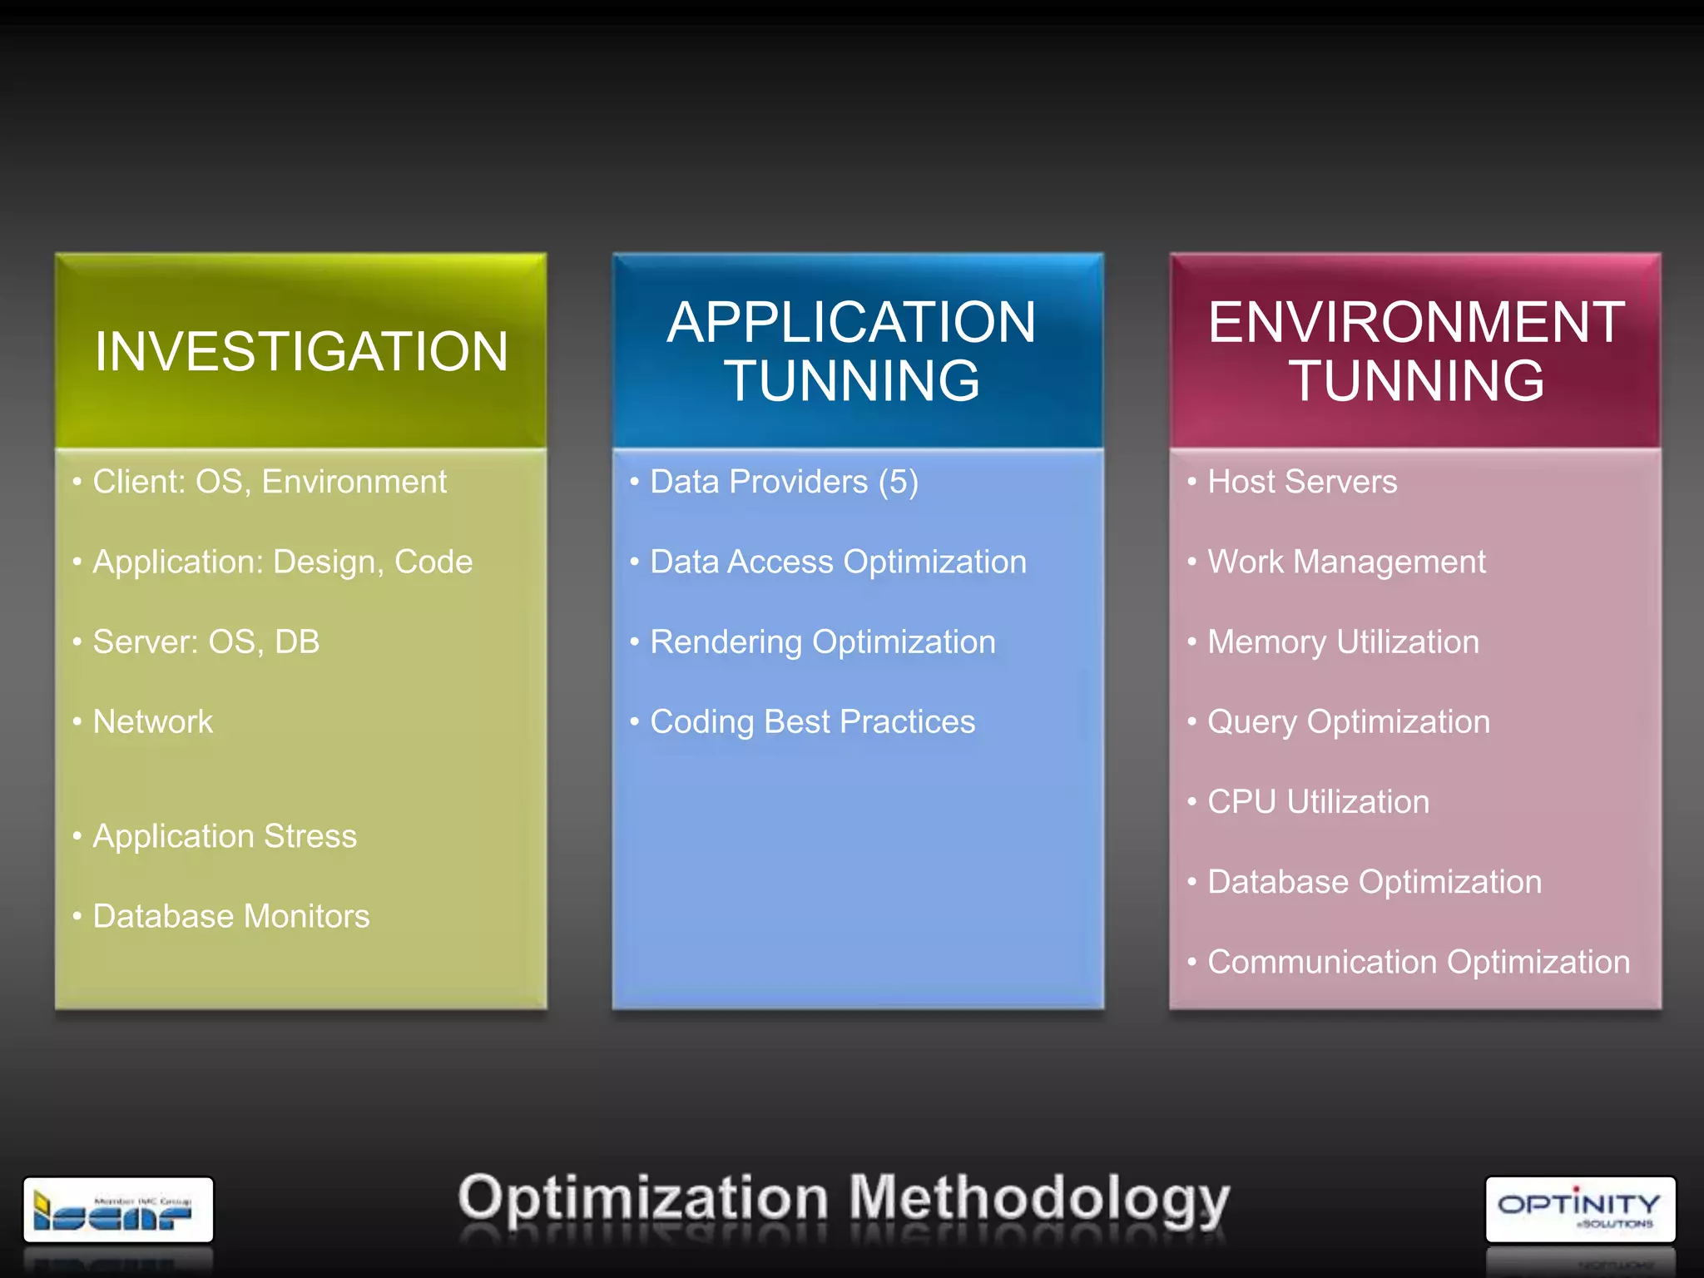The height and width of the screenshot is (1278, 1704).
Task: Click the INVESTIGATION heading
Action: click(300, 351)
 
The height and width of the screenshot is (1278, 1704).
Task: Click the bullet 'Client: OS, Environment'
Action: click(269, 482)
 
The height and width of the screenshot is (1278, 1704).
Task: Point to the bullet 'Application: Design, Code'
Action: click(282, 562)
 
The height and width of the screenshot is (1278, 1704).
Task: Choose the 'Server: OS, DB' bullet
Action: click(206, 642)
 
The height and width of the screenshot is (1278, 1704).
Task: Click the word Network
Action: click(153, 722)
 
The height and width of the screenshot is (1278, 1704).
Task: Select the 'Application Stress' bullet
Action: click(225, 836)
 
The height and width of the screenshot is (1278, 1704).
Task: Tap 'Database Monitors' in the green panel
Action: click(230, 916)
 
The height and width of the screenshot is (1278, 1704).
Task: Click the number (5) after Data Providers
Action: click(899, 482)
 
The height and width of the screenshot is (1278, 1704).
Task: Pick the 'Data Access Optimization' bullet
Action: click(838, 562)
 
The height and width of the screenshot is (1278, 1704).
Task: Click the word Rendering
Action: click(726, 642)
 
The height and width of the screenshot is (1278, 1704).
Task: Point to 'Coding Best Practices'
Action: click(812, 722)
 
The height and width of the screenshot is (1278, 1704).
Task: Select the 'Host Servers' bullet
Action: click(1302, 482)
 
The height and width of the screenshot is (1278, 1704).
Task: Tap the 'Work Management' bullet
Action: click(1346, 562)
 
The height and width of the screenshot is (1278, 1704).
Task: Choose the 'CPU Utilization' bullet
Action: click(1318, 802)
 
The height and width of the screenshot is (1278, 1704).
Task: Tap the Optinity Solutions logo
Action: click(1580, 1209)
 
